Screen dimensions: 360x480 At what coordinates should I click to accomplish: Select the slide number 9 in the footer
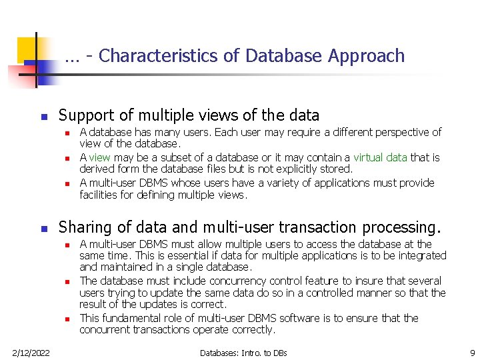(471, 352)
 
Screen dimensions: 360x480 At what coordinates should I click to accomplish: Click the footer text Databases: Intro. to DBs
(243, 352)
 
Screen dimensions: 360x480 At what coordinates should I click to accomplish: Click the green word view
(99, 158)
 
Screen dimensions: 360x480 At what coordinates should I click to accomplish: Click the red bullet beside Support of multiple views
(44, 117)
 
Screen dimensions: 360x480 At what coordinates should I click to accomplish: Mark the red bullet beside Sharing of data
(44, 229)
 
